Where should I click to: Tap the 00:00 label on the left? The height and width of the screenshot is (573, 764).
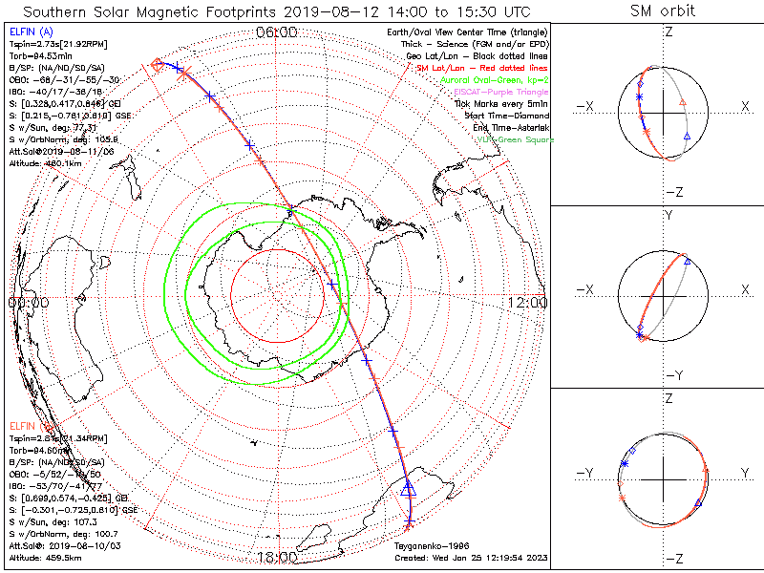click(x=28, y=303)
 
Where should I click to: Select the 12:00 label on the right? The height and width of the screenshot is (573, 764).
click(x=527, y=303)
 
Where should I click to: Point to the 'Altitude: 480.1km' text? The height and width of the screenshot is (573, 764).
click(x=48, y=161)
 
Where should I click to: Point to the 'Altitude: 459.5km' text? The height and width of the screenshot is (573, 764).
click(x=48, y=557)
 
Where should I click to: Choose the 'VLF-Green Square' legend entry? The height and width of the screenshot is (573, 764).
click(x=515, y=139)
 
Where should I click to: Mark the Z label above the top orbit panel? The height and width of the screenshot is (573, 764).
click(x=668, y=32)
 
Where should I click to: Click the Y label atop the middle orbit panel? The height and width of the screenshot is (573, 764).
click(x=668, y=216)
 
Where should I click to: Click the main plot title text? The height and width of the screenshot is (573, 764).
click(x=276, y=11)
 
